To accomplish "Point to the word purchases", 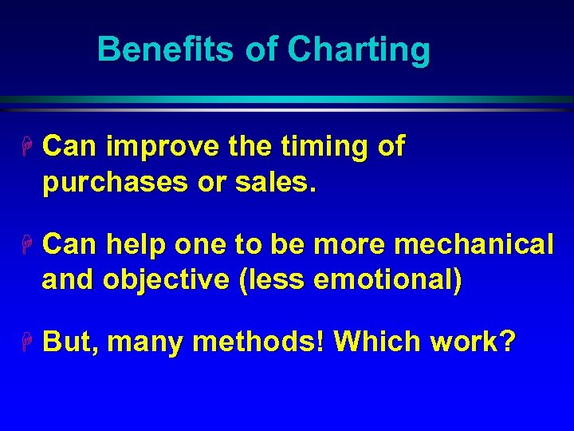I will tap(122, 184).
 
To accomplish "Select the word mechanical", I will tap(474, 245).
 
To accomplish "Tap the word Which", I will tap(377, 342).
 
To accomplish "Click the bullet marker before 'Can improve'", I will tap(26, 147).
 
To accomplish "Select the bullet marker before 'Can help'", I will tap(26, 245).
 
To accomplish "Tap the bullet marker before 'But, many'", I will tap(26, 342).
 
